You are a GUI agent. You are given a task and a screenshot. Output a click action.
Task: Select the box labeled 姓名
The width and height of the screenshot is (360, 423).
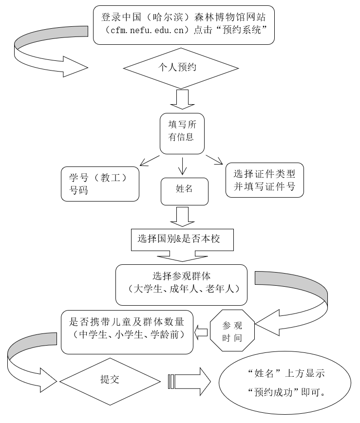pyautogui.click(x=184, y=189)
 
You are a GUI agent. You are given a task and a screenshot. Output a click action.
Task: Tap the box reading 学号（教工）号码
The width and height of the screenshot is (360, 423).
pyautogui.click(x=100, y=184)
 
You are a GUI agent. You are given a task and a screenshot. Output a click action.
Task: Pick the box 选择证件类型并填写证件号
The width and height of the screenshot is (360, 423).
pyautogui.click(x=265, y=180)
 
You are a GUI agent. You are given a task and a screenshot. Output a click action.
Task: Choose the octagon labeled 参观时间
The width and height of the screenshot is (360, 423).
pyautogui.click(x=232, y=331)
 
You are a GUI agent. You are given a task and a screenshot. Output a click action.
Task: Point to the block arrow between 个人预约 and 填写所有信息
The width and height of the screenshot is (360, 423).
pyautogui.click(x=181, y=100)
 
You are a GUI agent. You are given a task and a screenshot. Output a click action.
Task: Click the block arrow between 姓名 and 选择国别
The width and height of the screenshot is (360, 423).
pyautogui.click(x=182, y=217)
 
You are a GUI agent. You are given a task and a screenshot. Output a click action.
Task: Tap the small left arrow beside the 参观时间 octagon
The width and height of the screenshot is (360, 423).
pyautogui.click(x=201, y=332)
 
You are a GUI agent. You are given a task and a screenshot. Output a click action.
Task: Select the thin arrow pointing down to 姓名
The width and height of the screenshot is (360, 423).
pyautogui.click(x=182, y=166)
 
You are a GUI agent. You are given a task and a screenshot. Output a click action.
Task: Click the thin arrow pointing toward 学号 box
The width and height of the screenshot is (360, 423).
pyautogui.click(x=150, y=161)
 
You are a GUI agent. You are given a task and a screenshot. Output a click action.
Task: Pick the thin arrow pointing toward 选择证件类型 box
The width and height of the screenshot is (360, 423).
pyautogui.click(x=214, y=160)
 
